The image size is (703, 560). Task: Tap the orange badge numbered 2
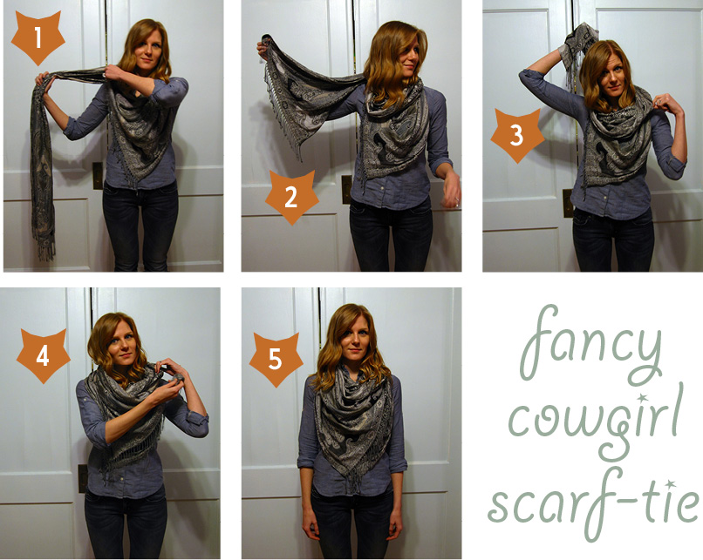pyautogui.click(x=291, y=197)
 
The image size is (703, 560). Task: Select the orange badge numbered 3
pyautogui.click(x=517, y=136)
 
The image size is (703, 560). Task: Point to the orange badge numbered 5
pyautogui.click(x=275, y=358)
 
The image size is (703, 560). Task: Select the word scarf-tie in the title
pyautogui.click(x=593, y=500)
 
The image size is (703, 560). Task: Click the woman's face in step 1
pyautogui.click(x=143, y=51)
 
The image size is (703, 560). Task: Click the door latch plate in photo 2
pyautogui.click(x=346, y=189)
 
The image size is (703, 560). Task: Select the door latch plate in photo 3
pyautogui.click(x=568, y=202)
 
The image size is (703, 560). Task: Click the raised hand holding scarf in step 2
pyautogui.click(x=263, y=47)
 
